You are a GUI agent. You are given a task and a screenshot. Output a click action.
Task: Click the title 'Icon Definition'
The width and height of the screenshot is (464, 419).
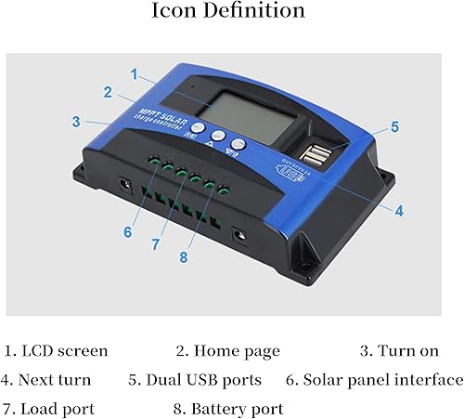(x=232, y=12)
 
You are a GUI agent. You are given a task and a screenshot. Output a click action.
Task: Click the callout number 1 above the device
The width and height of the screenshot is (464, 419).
(x=135, y=73)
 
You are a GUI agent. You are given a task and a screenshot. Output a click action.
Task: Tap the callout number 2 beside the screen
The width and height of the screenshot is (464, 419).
(x=109, y=92)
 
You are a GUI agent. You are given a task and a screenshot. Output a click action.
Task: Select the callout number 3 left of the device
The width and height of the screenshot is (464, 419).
(x=75, y=121)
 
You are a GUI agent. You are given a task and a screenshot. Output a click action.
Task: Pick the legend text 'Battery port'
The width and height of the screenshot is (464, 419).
(x=236, y=407)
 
